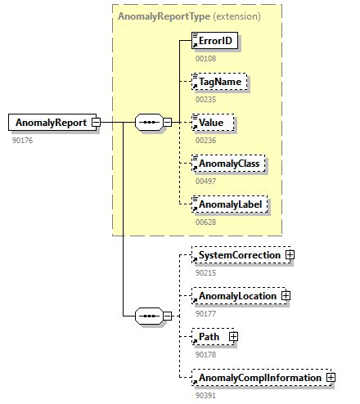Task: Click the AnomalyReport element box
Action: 49,123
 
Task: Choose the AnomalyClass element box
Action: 226,164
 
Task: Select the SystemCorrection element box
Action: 237,255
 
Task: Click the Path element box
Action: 210,336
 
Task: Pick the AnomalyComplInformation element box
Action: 258,377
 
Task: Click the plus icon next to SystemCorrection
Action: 290,255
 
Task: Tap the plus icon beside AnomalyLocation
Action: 286,295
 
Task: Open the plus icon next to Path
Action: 233,336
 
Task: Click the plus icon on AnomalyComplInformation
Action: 331,377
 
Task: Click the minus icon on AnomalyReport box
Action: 96,123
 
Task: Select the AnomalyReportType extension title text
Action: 189,16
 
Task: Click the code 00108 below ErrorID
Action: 205,58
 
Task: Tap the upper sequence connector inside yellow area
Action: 148,123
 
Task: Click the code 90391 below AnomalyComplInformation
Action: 205,394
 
